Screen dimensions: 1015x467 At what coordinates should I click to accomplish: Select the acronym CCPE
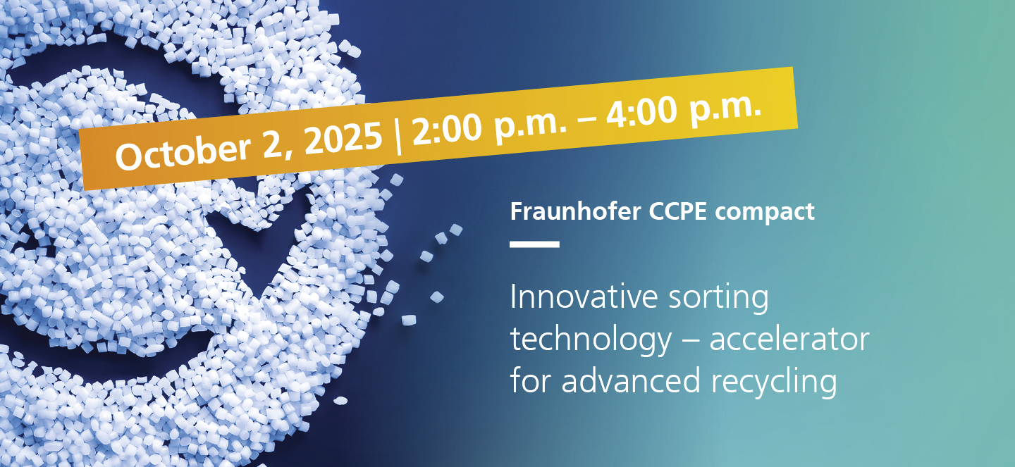(x=678, y=211)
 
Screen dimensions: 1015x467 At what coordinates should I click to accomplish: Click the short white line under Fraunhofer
(x=535, y=244)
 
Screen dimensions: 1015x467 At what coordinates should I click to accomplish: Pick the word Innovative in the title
(x=584, y=297)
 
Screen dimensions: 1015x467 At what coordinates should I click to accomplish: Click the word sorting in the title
(x=719, y=299)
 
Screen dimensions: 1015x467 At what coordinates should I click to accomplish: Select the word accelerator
(x=789, y=340)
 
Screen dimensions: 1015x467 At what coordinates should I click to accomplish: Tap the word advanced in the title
(x=631, y=381)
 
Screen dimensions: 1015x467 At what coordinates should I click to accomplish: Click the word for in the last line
(x=530, y=381)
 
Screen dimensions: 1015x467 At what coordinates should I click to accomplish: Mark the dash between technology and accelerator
(x=691, y=342)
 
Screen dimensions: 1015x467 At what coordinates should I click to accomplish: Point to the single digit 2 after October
(x=273, y=144)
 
